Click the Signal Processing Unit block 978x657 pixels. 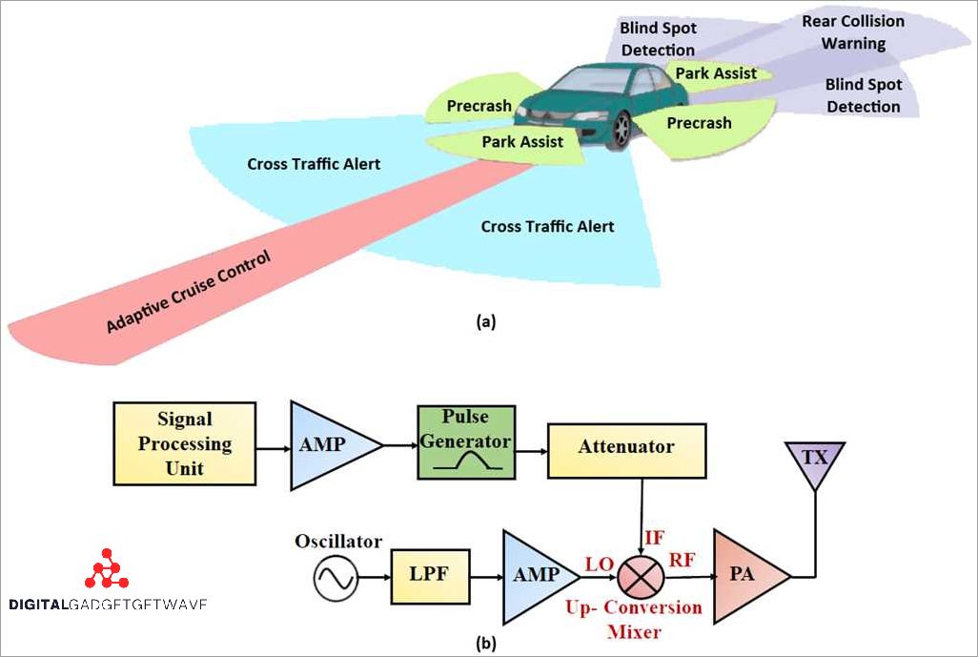pyautogui.click(x=184, y=444)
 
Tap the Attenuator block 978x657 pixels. pyautogui.click(x=627, y=446)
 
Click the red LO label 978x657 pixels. pyautogui.click(x=598, y=565)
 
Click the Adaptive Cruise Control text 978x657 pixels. pyautogui.click(x=189, y=292)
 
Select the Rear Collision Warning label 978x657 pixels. pyautogui.click(x=853, y=32)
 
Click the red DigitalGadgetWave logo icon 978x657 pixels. pyautogui.click(x=107, y=569)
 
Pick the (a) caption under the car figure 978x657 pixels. pyautogui.click(x=486, y=322)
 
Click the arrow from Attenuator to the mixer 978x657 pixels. pyautogui.click(x=642, y=515)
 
